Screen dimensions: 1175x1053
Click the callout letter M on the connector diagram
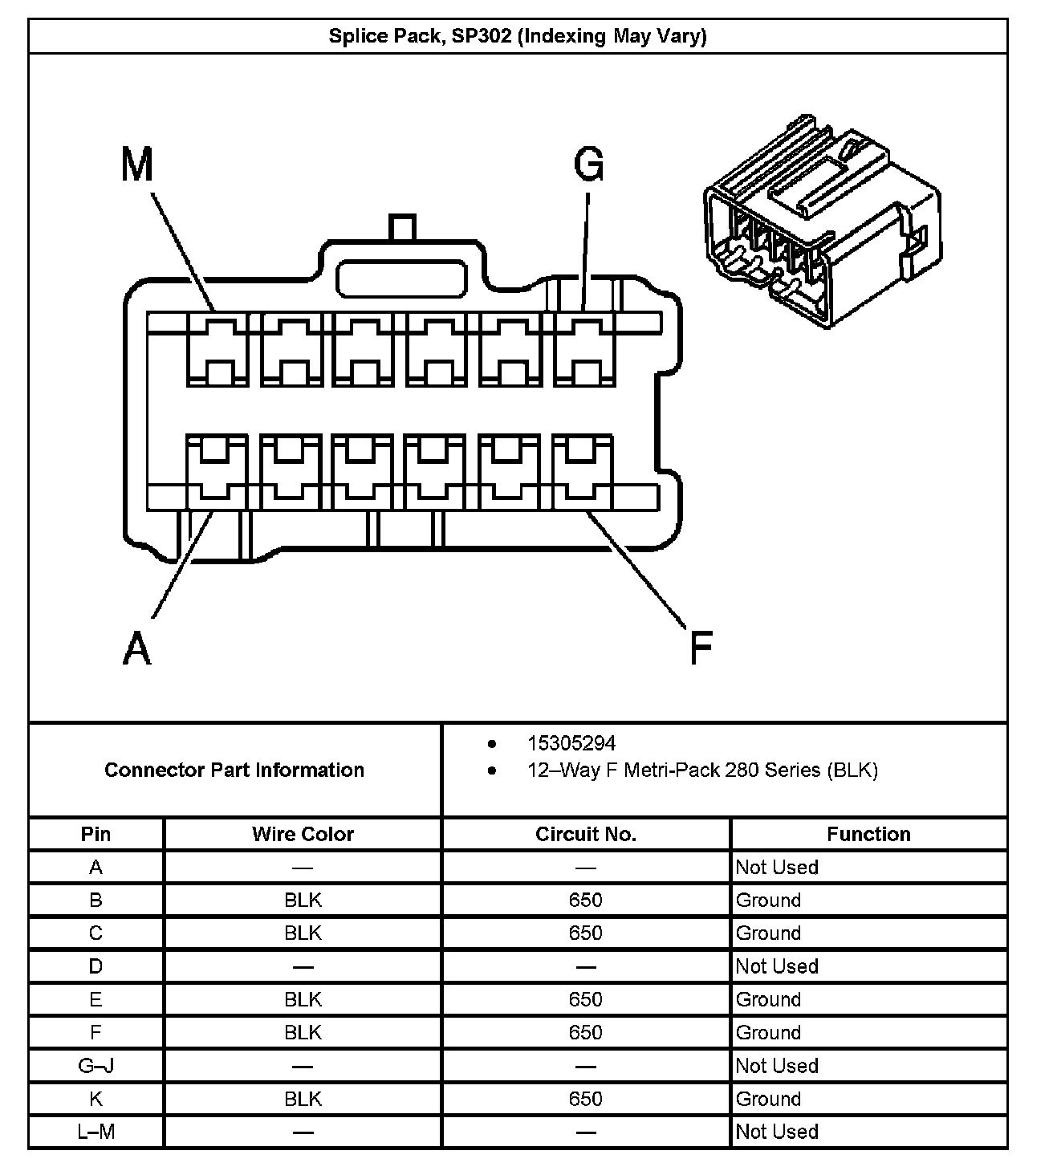click(x=136, y=165)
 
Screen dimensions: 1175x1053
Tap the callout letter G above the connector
click(x=588, y=165)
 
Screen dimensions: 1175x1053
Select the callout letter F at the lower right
click(x=701, y=648)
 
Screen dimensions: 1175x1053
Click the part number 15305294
click(x=571, y=743)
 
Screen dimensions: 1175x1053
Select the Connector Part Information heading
click(x=234, y=770)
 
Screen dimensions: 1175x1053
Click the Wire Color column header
click(x=303, y=835)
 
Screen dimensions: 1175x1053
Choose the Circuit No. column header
click(x=586, y=835)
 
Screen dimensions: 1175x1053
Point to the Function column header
click(x=868, y=835)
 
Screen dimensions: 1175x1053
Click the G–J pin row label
click(x=96, y=1066)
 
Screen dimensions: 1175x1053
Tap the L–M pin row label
click(x=96, y=1132)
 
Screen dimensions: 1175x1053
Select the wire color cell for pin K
click(x=303, y=1099)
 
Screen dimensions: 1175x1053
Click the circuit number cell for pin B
click(x=586, y=901)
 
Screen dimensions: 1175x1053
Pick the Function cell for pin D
click(x=777, y=966)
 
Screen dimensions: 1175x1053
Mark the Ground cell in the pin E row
click(x=769, y=1000)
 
